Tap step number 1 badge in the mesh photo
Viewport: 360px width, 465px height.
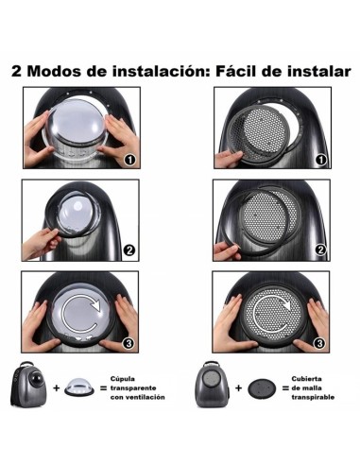coord(320,161)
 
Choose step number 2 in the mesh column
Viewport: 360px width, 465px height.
coord(320,251)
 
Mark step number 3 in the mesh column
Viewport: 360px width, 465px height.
coord(320,343)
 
